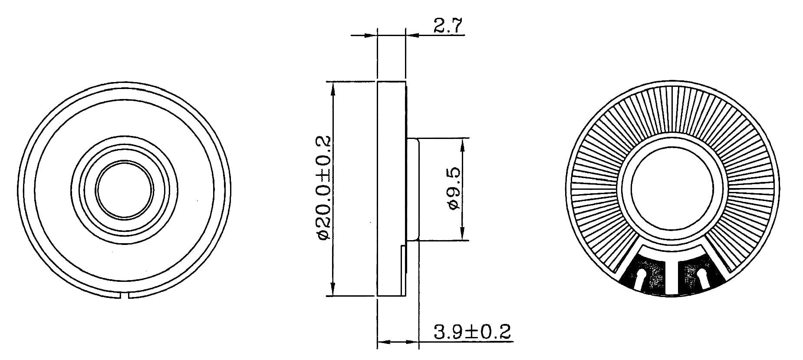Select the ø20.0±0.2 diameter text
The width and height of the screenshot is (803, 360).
(x=324, y=188)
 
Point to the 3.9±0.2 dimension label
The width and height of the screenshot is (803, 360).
(x=472, y=332)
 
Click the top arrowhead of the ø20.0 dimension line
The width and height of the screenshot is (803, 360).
(x=333, y=87)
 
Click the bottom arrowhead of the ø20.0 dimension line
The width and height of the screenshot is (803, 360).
(x=333, y=290)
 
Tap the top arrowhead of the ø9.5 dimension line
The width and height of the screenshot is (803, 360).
(x=463, y=144)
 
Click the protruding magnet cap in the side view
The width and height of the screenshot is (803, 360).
(x=413, y=189)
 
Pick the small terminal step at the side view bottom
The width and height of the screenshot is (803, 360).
(x=403, y=269)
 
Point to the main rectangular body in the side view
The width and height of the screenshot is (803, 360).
(x=392, y=189)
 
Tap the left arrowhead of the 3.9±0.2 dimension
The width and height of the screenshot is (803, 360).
(x=382, y=342)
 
